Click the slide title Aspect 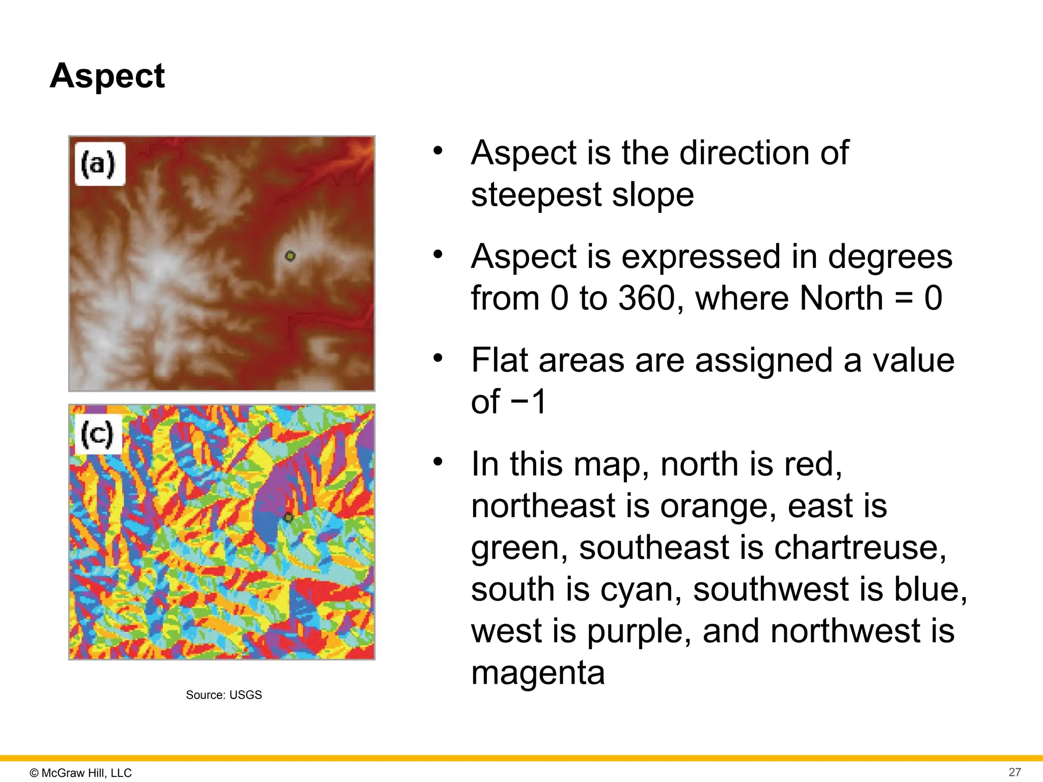tap(107, 76)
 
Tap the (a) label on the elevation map tap(98, 164)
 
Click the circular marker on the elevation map tap(290, 256)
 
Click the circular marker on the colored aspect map tap(288, 517)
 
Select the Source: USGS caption tap(224, 695)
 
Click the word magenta tap(538, 673)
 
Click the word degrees tap(890, 256)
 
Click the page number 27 tap(1014, 772)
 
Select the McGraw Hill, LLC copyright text tap(81, 773)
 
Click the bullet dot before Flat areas tap(438, 358)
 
